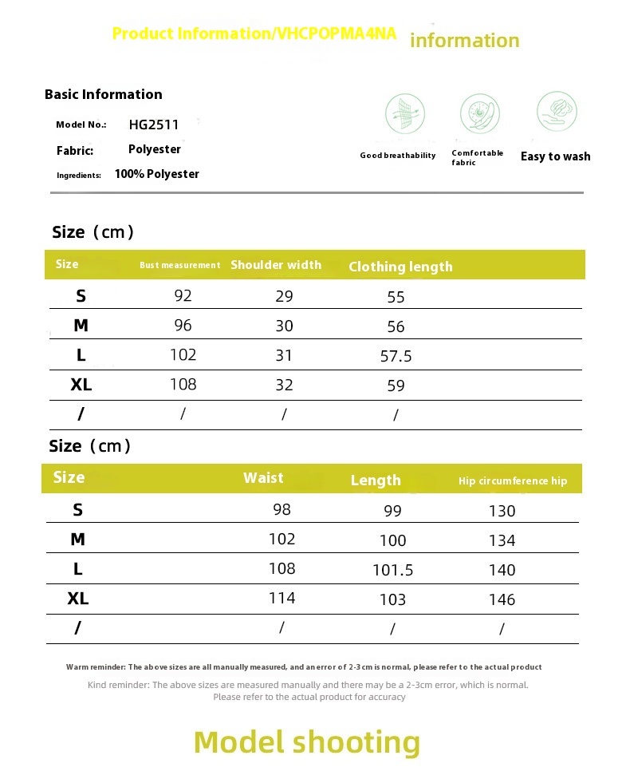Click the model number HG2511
point(154,125)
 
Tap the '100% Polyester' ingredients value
point(157,174)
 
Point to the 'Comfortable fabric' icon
point(479,114)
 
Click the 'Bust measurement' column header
point(180,265)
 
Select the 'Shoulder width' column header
point(276,265)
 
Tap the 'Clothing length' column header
point(400,267)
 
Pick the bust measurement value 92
point(183,296)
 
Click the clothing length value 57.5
point(396,356)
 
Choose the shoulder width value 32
point(284,385)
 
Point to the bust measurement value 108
point(183,384)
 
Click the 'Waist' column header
point(263,478)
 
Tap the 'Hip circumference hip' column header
point(513,480)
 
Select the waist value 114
point(282,598)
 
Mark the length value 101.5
point(392,570)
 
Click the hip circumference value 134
point(502,540)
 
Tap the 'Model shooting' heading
point(307,741)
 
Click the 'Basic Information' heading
point(104,94)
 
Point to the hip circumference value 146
point(502,599)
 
